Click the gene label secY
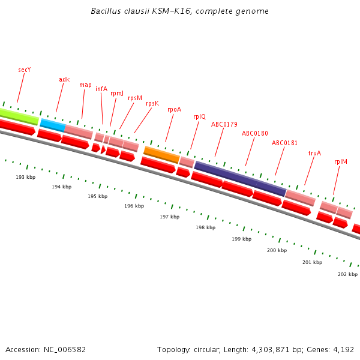click(24, 70)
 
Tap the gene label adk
click(64, 79)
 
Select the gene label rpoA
click(174, 109)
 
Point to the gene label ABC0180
click(255, 133)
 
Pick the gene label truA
click(314, 153)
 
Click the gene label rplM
click(341, 162)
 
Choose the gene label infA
click(101, 89)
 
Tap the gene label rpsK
click(152, 103)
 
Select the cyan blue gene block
click(52, 124)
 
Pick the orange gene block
click(161, 155)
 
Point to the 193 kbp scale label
click(25, 177)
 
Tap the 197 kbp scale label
click(169, 217)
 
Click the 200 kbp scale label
click(277, 250)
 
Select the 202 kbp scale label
click(347, 274)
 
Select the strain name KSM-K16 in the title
click(167, 11)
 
